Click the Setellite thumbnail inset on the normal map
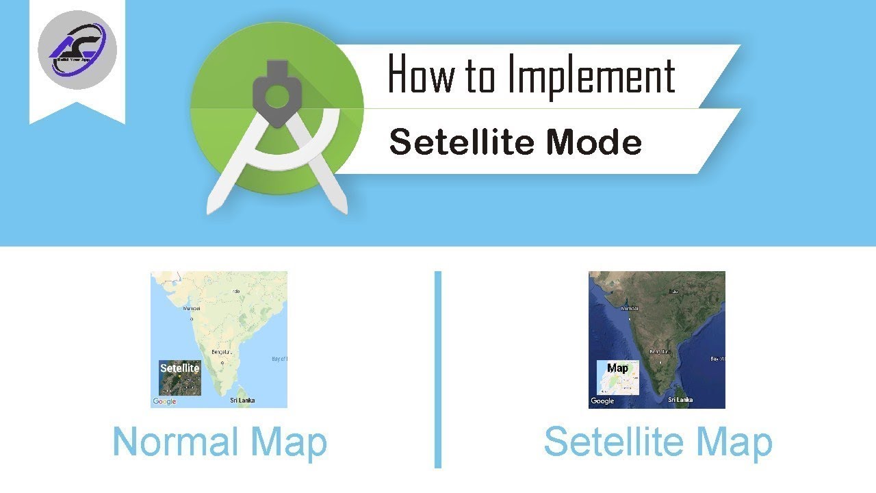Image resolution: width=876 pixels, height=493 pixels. point(180,378)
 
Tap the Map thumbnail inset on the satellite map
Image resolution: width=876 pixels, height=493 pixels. point(618,378)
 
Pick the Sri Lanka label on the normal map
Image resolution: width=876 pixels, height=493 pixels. point(242,400)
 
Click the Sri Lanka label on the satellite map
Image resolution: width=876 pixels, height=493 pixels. point(680,399)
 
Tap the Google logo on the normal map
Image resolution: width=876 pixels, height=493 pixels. point(164,401)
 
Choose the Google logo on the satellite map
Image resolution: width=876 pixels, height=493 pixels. point(602,401)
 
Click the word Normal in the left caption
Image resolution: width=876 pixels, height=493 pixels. point(176,442)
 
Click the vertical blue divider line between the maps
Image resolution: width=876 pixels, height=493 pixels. point(438,370)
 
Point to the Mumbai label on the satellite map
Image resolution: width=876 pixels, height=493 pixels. point(629,309)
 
